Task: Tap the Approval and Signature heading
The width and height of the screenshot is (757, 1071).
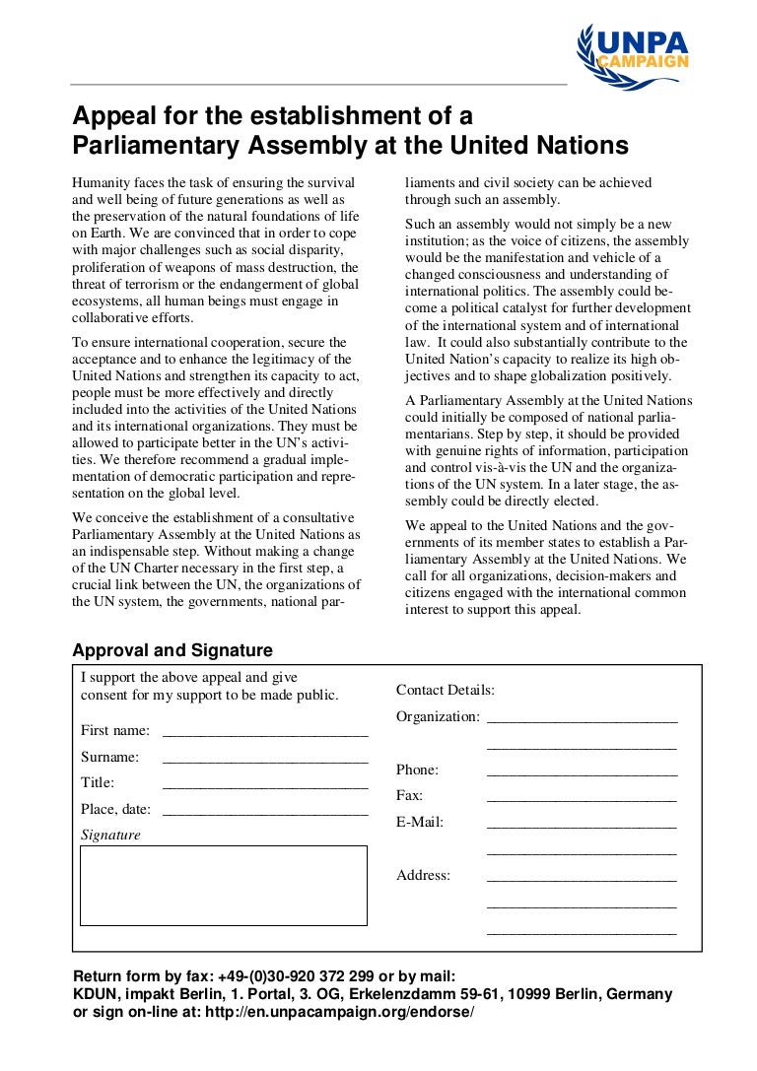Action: point(172,650)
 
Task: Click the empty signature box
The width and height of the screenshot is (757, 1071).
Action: point(223,885)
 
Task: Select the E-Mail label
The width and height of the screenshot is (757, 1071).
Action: point(420,822)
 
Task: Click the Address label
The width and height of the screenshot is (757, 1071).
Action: point(423,875)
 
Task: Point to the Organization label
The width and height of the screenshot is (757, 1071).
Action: point(438,716)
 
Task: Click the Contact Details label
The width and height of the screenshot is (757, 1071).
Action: point(446,691)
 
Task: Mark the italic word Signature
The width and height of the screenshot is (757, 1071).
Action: point(110,835)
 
